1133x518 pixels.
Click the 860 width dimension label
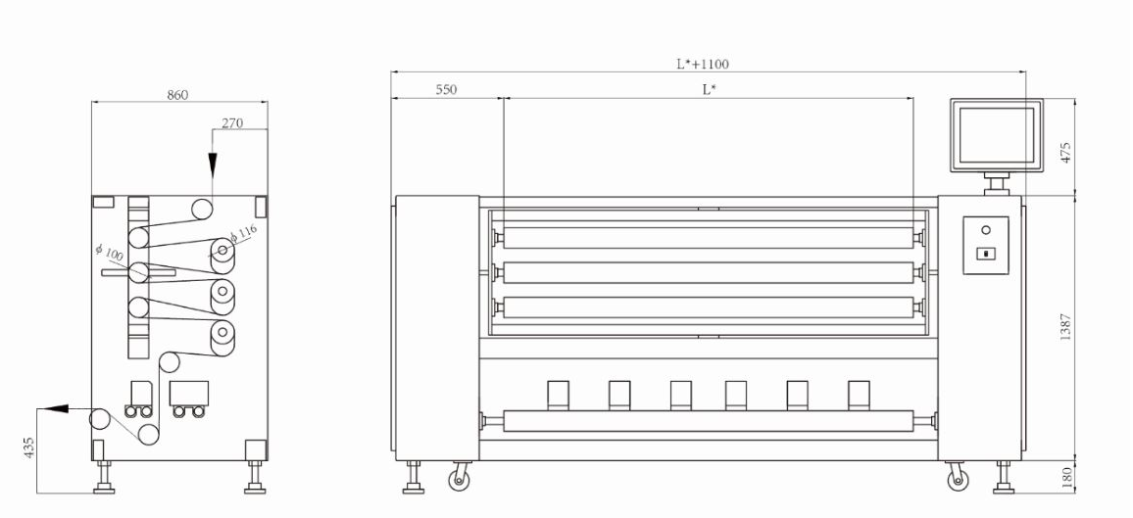177,95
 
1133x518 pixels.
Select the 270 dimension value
232,122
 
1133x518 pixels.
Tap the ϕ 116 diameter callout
243,232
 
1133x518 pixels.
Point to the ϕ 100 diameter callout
109,254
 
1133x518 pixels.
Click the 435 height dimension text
29,447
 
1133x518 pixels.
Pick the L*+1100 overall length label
703,64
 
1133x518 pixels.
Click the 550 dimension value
447,89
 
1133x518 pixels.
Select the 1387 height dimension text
1065,327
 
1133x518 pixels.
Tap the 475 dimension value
1065,153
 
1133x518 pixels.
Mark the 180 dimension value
1065,476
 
